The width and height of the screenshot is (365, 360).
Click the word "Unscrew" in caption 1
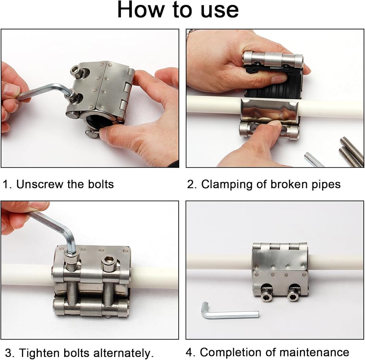[x=39, y=184]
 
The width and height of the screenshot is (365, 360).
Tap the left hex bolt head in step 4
[x=266, y=295]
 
